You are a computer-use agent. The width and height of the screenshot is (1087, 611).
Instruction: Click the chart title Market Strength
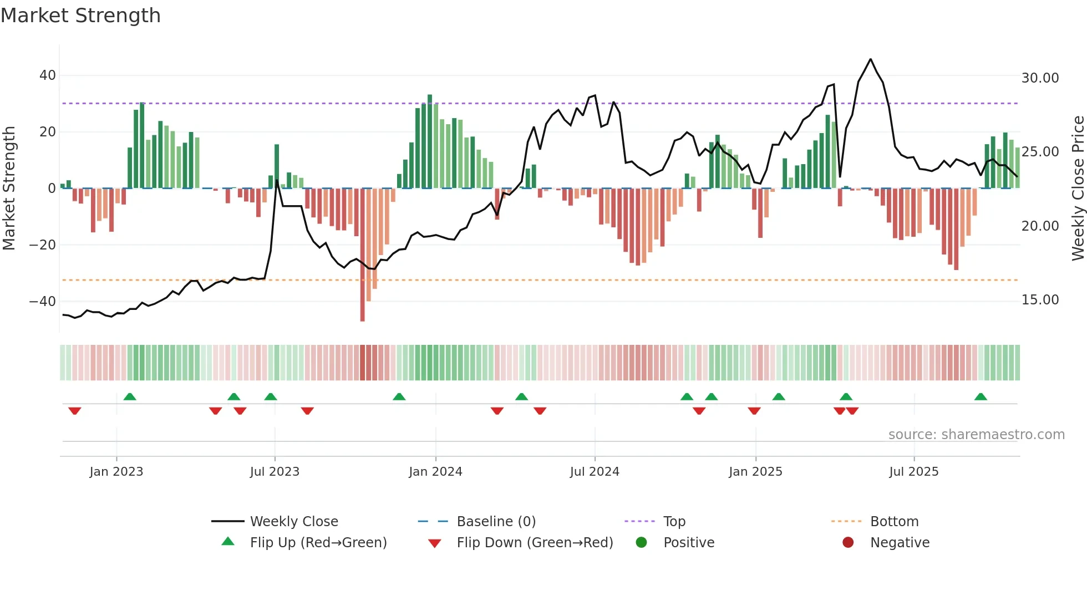pos(80,16)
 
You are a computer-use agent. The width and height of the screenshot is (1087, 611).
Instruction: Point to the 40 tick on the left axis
pos(48,75)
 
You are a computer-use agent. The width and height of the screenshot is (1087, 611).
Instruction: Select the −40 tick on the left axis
pos(43,302)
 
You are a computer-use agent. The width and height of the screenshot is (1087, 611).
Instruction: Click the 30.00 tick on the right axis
pos(1040,78)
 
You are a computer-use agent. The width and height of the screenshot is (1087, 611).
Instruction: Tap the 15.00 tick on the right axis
pos(1040,300)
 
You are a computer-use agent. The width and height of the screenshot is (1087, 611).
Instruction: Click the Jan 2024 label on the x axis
pos(435,472)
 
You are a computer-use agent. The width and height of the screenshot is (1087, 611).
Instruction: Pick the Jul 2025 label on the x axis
pos(913,472)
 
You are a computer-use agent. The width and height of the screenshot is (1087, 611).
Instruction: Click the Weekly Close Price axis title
pos(1078,189)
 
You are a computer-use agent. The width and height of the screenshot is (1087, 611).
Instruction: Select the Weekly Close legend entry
pos(293,522)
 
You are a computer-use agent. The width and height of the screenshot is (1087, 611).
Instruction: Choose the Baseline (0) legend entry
pos(496,522)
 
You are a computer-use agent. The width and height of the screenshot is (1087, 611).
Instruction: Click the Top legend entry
pos(674,522)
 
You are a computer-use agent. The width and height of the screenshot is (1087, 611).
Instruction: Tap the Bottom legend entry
pos(894,522)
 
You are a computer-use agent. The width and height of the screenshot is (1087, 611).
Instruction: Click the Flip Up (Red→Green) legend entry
pos(318,543)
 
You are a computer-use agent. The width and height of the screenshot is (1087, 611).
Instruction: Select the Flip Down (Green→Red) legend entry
pos(535,543)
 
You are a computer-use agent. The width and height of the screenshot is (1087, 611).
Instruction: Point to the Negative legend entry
pos(899,543)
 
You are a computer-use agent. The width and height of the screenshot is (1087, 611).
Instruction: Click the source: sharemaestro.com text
pos(976,435)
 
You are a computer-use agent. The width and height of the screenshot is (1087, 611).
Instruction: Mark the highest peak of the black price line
pos(871,59)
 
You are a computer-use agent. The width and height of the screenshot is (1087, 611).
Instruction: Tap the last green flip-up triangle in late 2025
pos(981,397)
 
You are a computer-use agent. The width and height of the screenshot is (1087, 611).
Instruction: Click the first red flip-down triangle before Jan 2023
pos(74,411)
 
